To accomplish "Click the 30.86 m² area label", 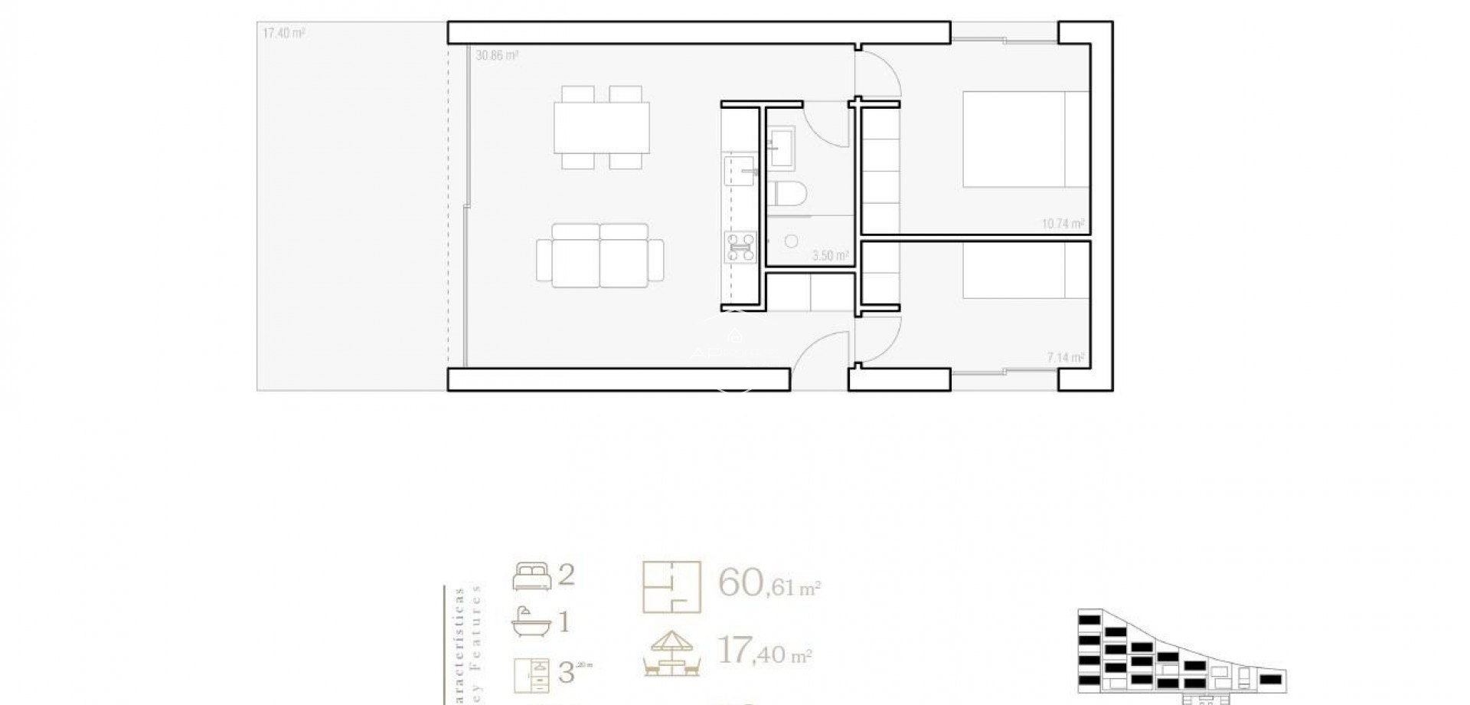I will (497, 56).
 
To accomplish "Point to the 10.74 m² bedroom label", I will (1063, 225).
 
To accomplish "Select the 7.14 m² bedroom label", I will (1065, 358).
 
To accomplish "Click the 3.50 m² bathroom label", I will (830, 256).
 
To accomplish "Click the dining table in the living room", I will (602, 127).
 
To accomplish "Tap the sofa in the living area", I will (600, 256).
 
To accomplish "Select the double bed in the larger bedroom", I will (1024, 139).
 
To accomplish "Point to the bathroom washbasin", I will (781, 146).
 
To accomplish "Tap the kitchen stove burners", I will (740, 248).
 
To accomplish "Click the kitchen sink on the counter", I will (740, 171).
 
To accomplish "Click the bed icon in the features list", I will (531, 576).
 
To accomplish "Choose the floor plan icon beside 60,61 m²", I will (671, 587).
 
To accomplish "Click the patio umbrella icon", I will (671, 654).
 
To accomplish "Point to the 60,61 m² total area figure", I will (769, 584).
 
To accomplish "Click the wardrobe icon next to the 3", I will (531, 674).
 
